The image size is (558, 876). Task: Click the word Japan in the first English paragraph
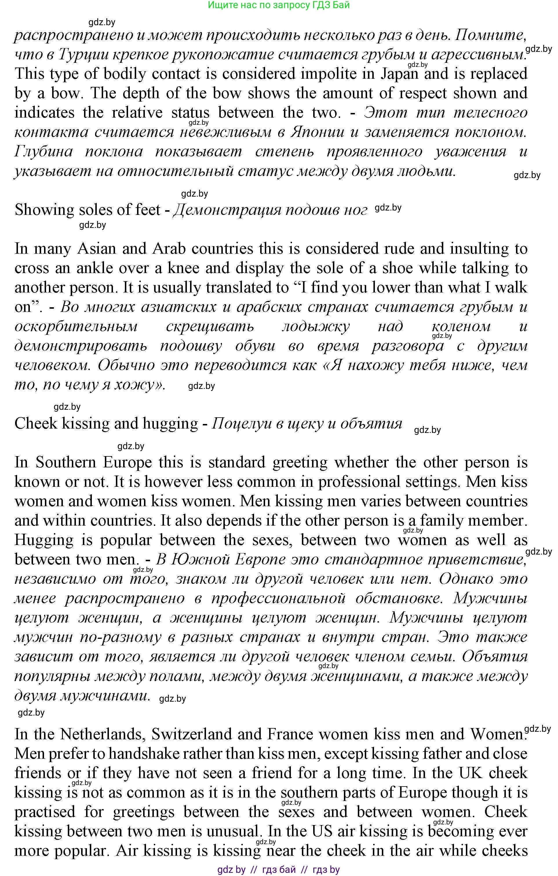point(399,74)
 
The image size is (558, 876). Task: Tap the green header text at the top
point(278,5)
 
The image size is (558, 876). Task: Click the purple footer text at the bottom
point(278,869)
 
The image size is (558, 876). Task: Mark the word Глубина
point(44,152)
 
